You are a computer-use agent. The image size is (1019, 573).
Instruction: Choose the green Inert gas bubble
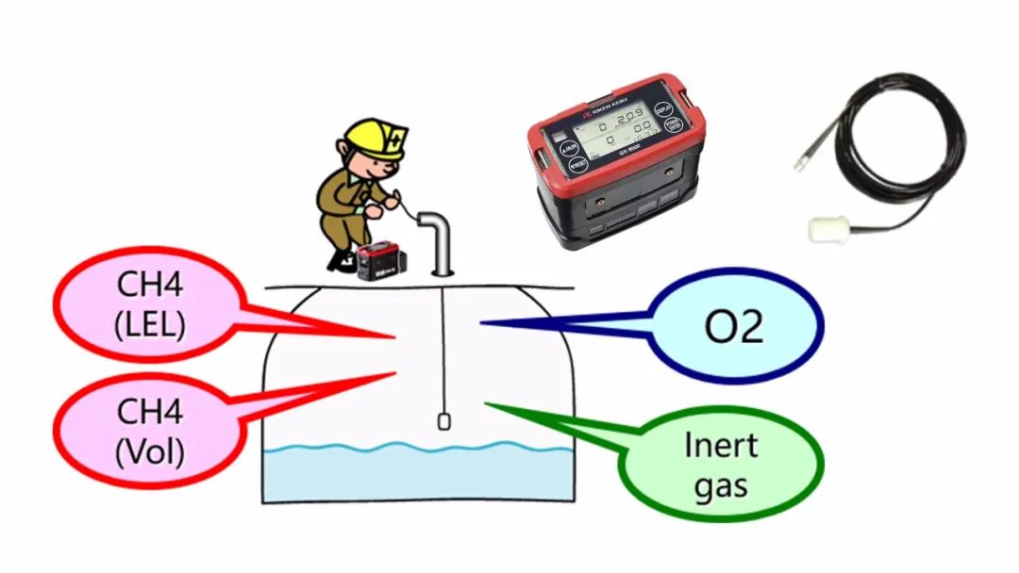722,464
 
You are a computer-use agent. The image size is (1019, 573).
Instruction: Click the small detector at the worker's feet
376,260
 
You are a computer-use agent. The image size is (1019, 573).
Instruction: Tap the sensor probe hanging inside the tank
443,421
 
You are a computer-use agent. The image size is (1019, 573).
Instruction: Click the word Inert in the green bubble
722,445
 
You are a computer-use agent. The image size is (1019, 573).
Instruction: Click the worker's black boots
341,258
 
